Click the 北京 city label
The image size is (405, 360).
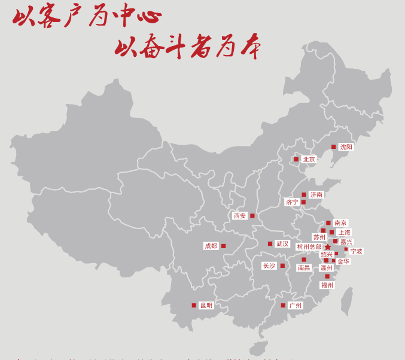(x=309, y=160)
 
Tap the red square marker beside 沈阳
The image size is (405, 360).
(x=334, y=147)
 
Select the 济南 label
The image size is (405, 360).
(x=316, y=194)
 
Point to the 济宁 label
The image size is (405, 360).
(x=292, y=202)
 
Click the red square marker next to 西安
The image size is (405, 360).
(x=252, y=216)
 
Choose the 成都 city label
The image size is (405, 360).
(x=211, y=246)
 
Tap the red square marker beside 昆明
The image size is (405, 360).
(x=194, y=306)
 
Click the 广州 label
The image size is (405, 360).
(x=295, y=306)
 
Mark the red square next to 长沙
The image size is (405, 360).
(x=282, y=266)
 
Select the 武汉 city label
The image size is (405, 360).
(x=282, y=244)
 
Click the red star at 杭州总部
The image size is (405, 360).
(x=327, y=247)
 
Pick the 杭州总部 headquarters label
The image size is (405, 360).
(x=309, y=247)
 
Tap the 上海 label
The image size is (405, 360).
(x=344, y=233)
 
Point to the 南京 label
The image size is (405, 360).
(x=340, y=223)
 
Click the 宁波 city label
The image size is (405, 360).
(x=357, y=251)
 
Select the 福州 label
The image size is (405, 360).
(x=327, y=285)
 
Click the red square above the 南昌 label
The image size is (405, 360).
(x=304, y=260)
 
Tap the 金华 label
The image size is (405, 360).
(x=343, y=261)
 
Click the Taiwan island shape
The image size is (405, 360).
(x=346, y=302)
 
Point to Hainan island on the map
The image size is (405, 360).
(x=258, y=347)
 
